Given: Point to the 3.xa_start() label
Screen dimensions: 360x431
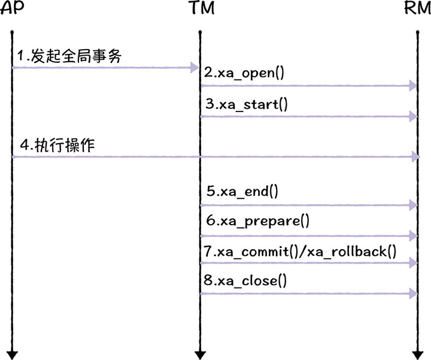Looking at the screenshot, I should coord(246,104).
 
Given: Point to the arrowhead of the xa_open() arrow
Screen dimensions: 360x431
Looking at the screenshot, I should coord(412,86).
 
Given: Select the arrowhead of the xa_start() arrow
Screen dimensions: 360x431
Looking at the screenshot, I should coord(412,116).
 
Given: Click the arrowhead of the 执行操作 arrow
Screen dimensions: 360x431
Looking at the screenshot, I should coord(415,157).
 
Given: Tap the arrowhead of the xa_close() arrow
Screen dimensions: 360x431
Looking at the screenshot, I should coord(412,293).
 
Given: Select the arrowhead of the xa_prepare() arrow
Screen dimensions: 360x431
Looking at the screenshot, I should coord(412,235).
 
